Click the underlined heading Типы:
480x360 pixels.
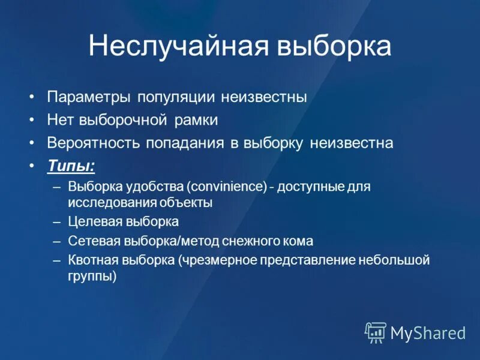pos(71,166)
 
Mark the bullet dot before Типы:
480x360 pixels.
pos(31,166)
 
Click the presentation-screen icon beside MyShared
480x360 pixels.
pos(376,332)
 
